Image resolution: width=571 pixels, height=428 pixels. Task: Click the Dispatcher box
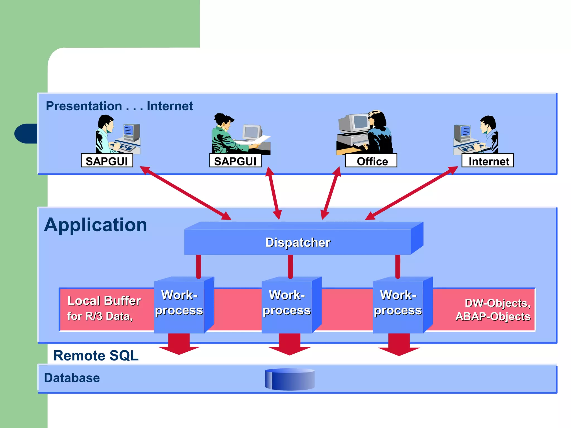point(298,242)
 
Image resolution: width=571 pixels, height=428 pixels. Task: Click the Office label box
point(371,161)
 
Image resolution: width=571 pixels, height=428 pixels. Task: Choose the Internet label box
point(488,161)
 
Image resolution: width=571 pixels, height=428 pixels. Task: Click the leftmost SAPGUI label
point(107,161)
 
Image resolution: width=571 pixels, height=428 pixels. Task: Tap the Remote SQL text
point(96,356)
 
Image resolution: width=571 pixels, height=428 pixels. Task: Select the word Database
point(72,378)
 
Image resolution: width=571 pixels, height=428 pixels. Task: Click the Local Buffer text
point(104,301)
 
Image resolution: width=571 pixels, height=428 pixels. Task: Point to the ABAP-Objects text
point(493,317)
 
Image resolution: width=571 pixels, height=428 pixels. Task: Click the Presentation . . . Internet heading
point(119,106)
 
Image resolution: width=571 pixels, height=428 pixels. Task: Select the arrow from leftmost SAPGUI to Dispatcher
point(185,193)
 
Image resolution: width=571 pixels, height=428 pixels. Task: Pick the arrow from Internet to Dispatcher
point(412,193)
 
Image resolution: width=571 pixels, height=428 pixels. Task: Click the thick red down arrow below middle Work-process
point(290,344)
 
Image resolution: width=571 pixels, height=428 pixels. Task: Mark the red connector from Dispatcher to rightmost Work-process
point(398,266)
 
